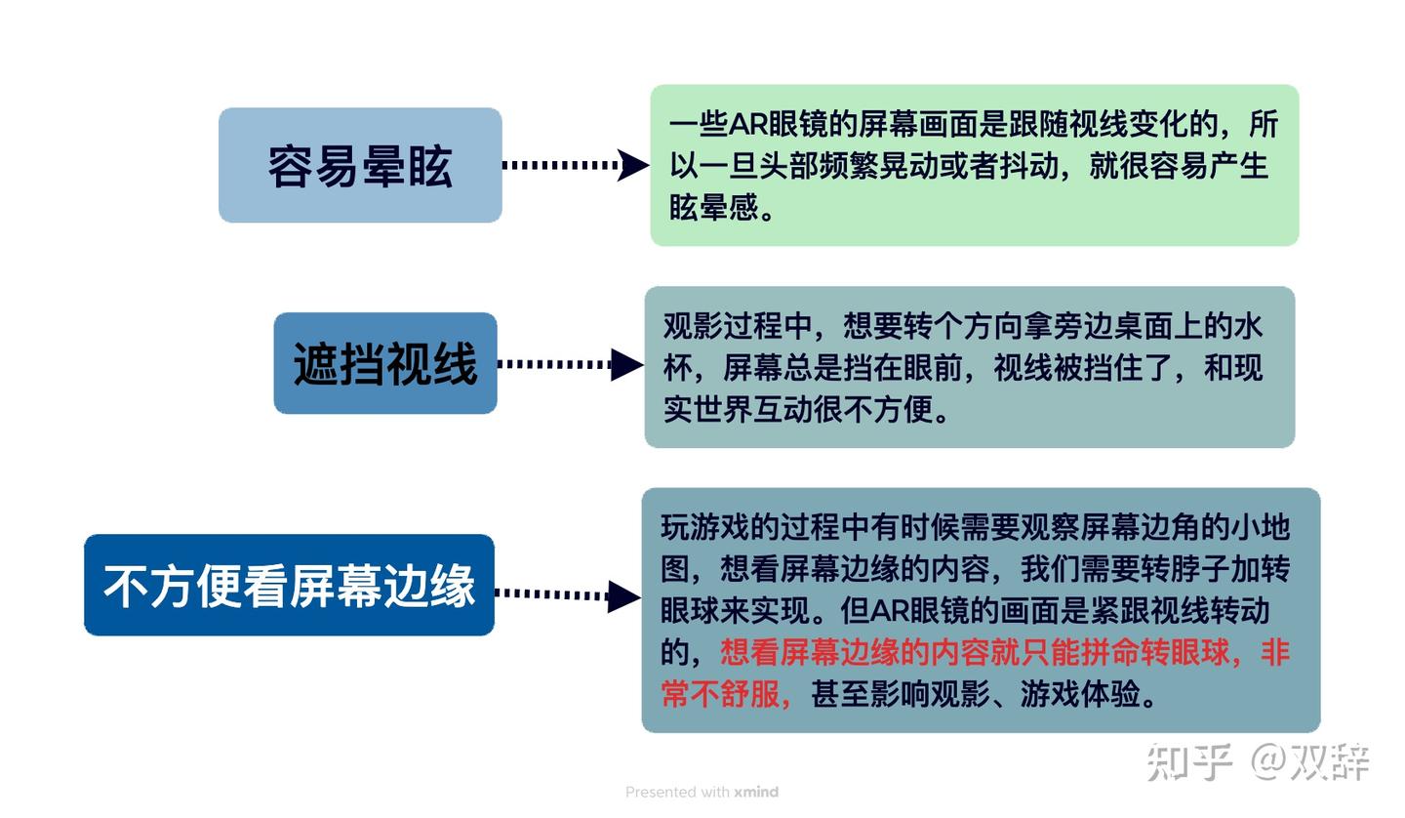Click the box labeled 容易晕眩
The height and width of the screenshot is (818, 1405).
click(360, 165)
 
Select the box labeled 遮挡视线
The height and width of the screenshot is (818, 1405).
click(385, 363)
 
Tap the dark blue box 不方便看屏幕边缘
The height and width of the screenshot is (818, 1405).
click(289, 585)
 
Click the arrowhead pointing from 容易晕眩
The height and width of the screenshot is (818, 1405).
click(633, 165)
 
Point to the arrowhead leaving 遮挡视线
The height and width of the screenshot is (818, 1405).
click(626, 364)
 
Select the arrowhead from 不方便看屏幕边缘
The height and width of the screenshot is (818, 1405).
click(622, 595)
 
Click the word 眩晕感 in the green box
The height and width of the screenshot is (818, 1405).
click(713, 206)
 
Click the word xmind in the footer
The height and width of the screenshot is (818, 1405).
click(756, 792)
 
